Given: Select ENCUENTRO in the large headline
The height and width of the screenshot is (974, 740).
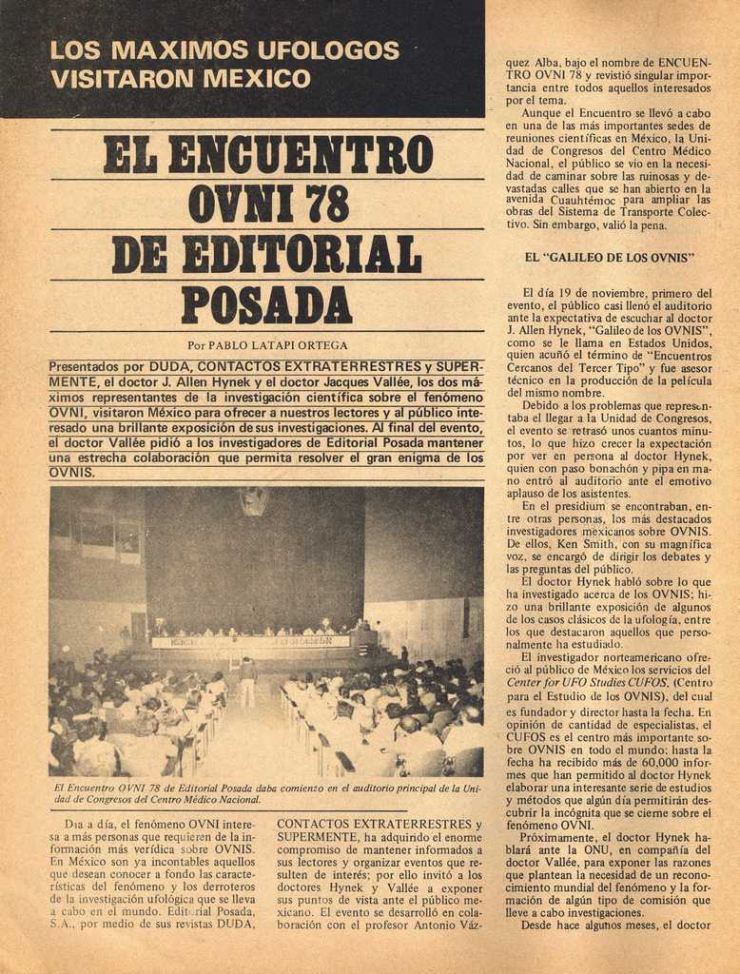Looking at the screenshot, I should [x=300, y=155].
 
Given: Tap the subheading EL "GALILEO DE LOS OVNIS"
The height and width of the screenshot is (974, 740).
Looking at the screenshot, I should [x=610, y=257].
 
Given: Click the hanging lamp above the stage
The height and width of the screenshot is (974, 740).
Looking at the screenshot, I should [x=252, y=501].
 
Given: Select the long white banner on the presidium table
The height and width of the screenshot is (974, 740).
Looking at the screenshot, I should [x=250, y=642].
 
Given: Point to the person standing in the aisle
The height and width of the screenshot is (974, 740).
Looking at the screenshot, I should [x=248, y=680].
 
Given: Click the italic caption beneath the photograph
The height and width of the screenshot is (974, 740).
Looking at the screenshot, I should [x=266, y=794].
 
